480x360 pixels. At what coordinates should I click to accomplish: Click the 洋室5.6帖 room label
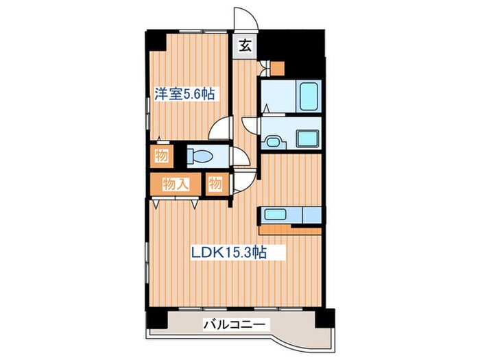(183, 94)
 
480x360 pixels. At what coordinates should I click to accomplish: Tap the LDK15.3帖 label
(228, 252)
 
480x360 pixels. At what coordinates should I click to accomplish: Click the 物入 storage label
(176, 183)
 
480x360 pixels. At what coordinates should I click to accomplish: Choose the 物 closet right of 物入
(215, 183)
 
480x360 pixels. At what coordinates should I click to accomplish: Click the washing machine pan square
(307, 135)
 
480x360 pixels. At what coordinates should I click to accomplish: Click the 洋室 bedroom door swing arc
(222, 129)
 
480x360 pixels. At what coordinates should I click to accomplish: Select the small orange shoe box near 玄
(276, 68)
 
